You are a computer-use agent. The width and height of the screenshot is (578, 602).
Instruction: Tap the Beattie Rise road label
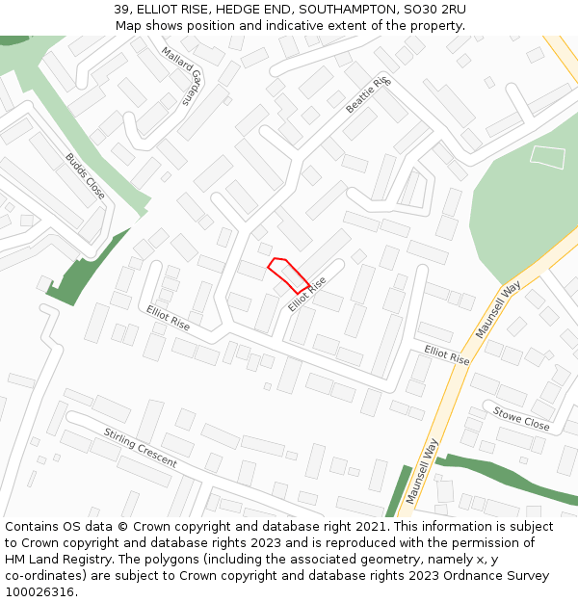(367, 95)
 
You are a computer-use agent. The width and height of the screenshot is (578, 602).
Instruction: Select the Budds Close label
(85, 175)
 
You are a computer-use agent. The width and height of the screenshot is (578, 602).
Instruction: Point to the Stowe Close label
(521, 419)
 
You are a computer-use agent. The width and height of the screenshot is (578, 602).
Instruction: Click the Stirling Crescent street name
(141, 448)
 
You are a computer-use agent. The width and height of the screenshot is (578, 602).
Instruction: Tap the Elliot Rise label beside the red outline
(307, 295)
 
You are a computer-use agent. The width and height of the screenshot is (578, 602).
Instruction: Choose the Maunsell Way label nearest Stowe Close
(499, 309)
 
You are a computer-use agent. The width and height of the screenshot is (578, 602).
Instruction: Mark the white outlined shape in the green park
(547, 157)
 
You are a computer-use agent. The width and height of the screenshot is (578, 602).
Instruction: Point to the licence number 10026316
(39, 592)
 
